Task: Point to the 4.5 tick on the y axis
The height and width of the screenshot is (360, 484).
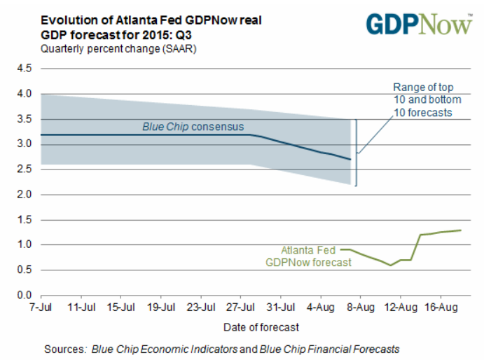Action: (25, 69)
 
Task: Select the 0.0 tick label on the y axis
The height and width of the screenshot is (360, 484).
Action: (25, 295)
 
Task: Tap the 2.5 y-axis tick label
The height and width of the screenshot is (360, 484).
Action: (25, 169)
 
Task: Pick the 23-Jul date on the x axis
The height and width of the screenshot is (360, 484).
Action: (201, 307)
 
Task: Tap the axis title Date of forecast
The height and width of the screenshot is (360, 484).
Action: (261, 327)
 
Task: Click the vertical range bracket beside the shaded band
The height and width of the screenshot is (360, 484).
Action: (356, 152)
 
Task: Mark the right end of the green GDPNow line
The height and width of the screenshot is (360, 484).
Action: (461, 230)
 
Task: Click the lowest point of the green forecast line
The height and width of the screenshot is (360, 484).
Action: (391, 265)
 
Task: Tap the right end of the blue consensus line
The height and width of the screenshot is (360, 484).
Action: (350, 160)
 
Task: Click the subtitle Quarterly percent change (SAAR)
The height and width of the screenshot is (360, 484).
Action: (118, 49)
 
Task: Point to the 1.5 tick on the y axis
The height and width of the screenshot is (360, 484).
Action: (25, 219)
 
